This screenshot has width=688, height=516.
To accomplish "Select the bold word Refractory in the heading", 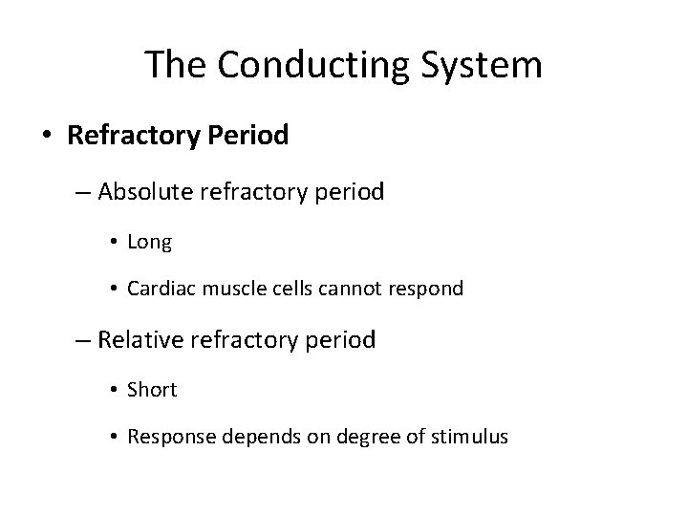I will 131,136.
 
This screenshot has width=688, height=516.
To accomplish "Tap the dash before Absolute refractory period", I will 80,193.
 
